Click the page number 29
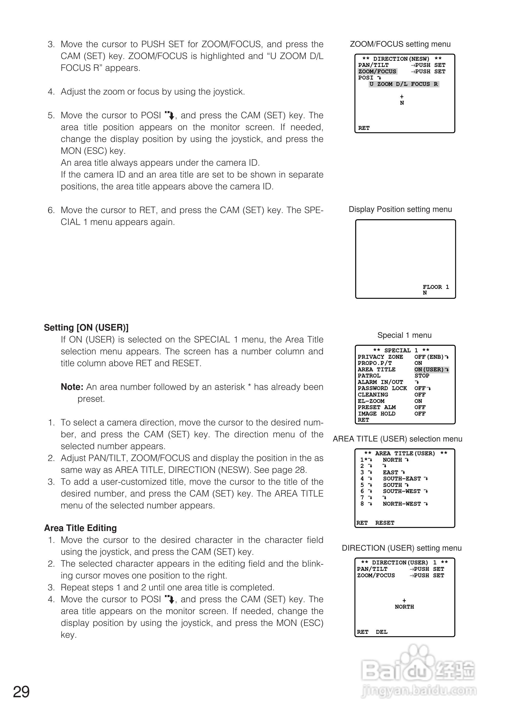click(x=21, y=692)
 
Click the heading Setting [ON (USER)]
click(x=86, y=328)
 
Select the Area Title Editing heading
click(x=80, y=528)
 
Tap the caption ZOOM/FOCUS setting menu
click(x=400, y=44)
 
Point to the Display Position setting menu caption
click(x=400, y=209)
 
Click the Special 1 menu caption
click(x=404, y=335)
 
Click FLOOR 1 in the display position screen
click(x=435, y=287)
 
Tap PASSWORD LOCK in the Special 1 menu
click(x=382, y=388)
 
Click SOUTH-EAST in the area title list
click(x=402, y=479)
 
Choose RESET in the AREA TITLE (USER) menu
click(x=385, y=523)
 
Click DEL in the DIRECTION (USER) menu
click(x=382, y=632)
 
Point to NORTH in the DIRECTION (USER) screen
click(x=404, y=607)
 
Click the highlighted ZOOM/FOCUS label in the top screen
click(x=377, y=71)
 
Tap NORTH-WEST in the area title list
click(x=402, y=504)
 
